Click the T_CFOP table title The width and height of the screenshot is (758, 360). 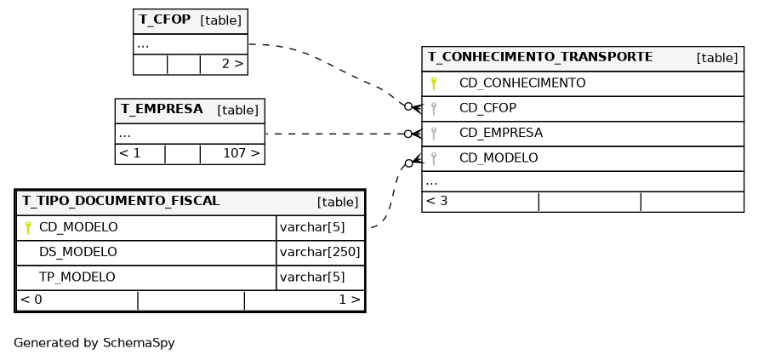[x=164, y=20]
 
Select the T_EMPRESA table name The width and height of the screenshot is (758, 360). [x=162, y=109]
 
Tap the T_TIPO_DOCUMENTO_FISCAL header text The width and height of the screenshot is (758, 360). [x=121, y=201]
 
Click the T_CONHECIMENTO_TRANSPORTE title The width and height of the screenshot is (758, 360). [x=540, y=57]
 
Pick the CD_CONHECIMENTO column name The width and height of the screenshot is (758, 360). [x=522, y=83]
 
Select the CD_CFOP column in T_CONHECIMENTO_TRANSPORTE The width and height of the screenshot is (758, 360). [x=487, y=108]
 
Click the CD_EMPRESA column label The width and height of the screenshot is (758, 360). [x=501, y=133]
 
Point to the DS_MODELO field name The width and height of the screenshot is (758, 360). [x=77, y=252]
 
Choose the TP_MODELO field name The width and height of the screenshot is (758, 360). [x=77, y=277]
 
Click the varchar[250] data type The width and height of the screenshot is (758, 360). [x=320, y=252]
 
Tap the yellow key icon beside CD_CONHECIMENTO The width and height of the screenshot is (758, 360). [x=434, y=83]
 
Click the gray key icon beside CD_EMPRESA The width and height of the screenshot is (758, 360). [x=434, y=134]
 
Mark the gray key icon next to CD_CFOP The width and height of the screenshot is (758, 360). [x=434, y=108]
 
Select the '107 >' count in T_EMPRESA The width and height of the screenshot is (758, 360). [x=242, y=154]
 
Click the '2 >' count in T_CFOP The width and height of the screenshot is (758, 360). [x=232, y=64]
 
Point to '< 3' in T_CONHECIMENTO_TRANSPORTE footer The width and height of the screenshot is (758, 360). [x=436, y=201]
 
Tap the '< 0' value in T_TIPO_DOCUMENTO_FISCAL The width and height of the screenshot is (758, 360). [x=31, y=300]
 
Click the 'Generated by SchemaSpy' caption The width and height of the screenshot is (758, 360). [x=94, y=343]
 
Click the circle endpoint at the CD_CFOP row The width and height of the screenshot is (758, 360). [x=408, y=106]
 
